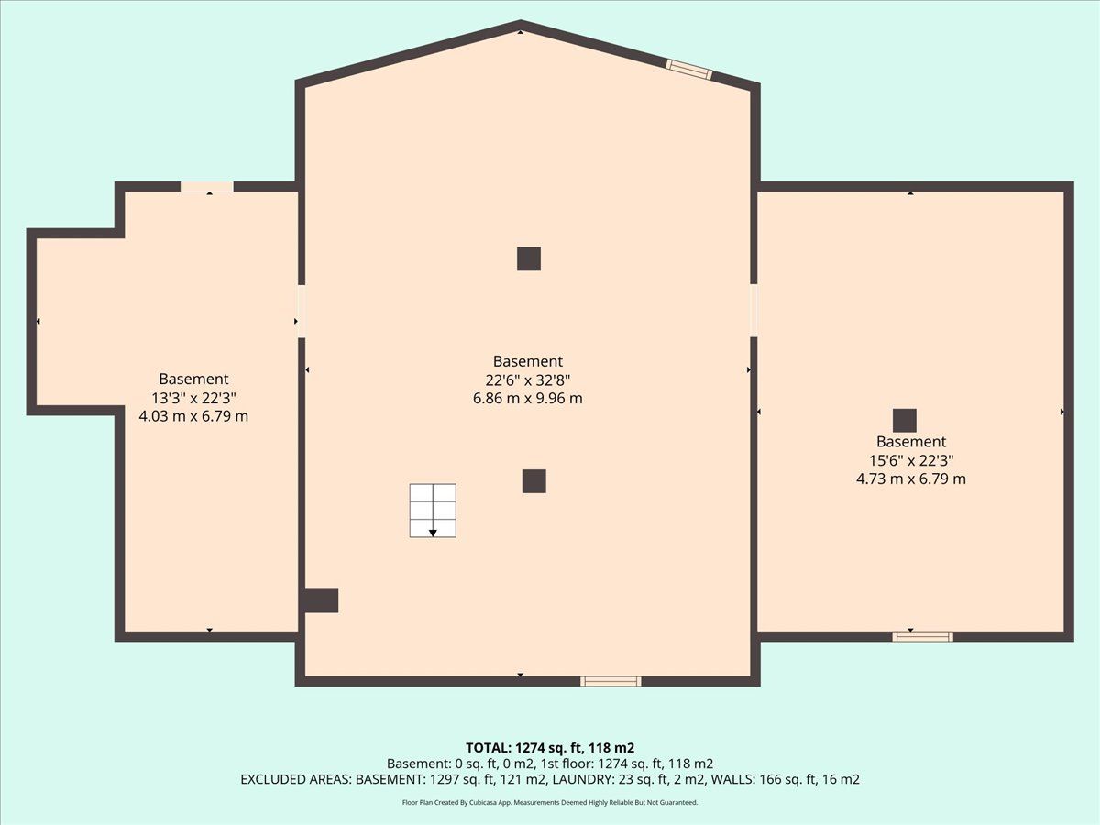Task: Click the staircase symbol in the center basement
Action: click(433, 511)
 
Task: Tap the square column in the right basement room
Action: click(905, 420)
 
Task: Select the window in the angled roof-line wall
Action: click(688, 69)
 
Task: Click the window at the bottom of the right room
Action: click(922, 637)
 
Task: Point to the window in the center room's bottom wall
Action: click(610, 681)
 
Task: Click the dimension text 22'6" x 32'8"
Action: click(528, 380)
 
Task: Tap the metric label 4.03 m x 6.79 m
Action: click(193, 416)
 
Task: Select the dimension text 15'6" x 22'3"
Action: click(911, 460)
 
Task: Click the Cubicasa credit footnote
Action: click(550, 802)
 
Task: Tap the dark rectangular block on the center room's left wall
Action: click(321, 600)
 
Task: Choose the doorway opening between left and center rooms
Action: click(302, 311)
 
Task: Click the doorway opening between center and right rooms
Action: click(753, 310)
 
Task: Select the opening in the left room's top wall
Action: click(207, 187)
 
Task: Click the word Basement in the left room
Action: click(193, 379)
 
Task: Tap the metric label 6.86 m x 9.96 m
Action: click(528, 398)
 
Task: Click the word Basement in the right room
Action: click(911, 441)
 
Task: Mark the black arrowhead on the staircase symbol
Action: click(433, 533)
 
